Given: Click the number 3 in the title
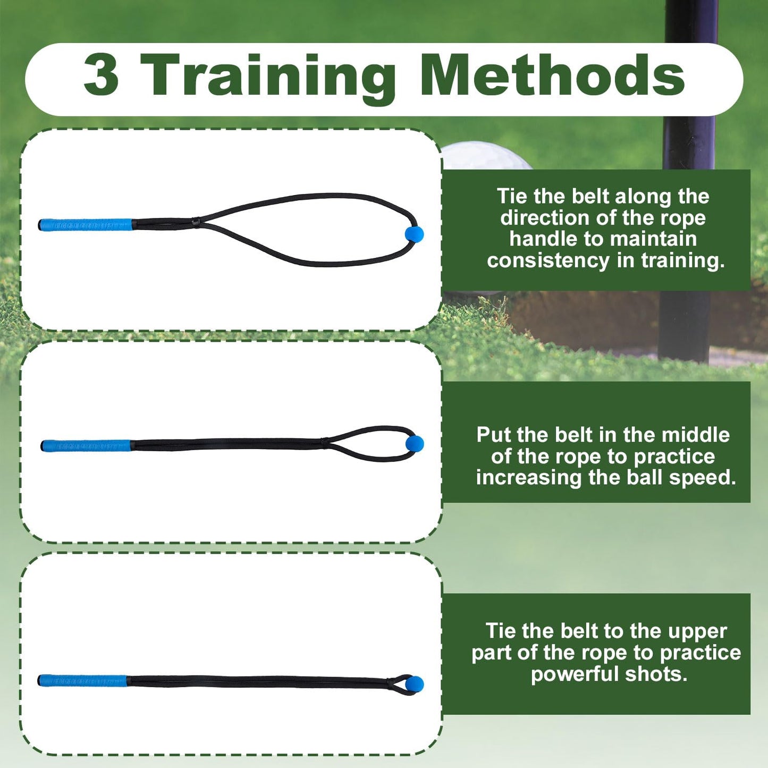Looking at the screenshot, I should point(101,75).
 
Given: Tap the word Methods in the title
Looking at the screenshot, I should point(553,75).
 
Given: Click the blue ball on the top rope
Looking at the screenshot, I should point(414,234).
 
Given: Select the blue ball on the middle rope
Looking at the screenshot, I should point(415,444).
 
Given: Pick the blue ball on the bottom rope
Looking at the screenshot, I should point(415,684).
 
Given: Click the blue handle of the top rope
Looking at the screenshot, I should point(85,225).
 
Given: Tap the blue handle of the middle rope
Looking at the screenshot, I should point(86,445).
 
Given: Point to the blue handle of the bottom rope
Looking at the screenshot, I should point(83,680).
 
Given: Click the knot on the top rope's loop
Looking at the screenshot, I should point(197,221).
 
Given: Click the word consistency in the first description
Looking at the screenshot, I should point(548,261).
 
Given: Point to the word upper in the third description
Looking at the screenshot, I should point(697,631).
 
